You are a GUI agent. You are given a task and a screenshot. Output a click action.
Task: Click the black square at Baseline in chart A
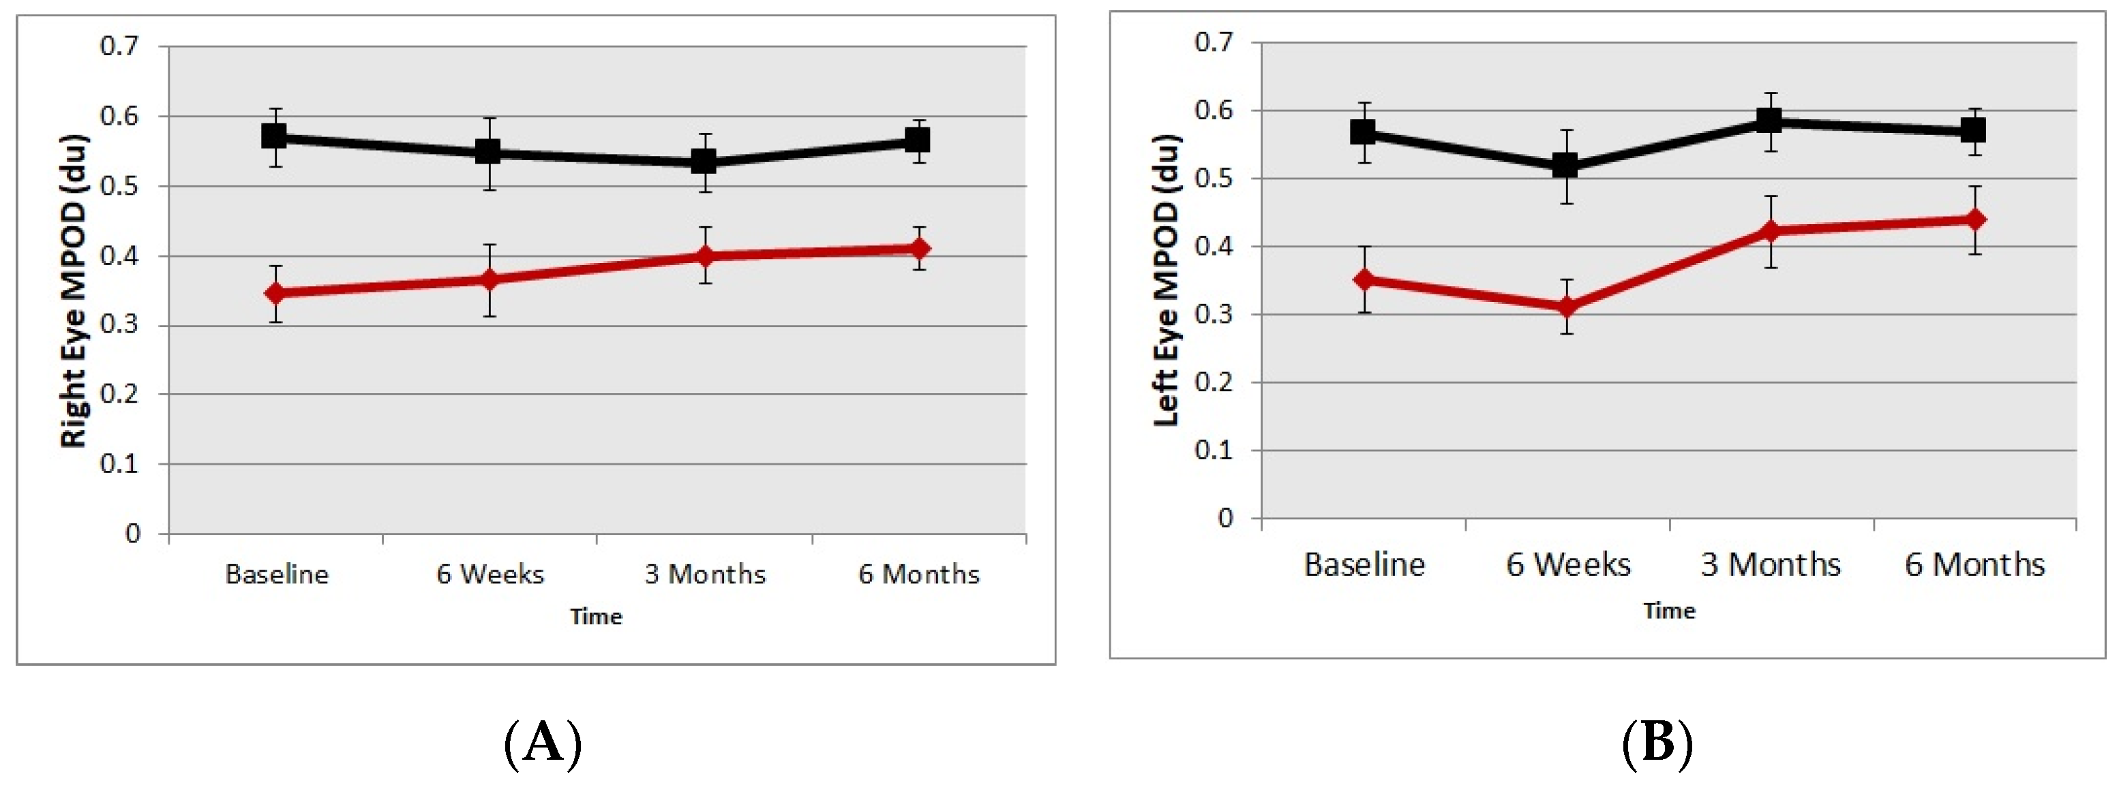click(274, 136)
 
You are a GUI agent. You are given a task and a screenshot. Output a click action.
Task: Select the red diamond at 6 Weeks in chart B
click(1567, 307)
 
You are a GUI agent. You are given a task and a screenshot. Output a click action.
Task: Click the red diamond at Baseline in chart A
click(275, 292)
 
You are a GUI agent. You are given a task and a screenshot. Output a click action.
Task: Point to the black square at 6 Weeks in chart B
click(1565, 165)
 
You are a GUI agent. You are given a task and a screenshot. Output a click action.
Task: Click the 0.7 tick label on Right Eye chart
click(120, 46)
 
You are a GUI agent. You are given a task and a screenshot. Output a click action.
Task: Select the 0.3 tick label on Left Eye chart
click(1214, 314)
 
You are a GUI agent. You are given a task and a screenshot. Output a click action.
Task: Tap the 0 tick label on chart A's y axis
click(132, 534)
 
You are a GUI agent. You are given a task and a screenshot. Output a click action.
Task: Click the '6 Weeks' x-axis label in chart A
click(490, 574)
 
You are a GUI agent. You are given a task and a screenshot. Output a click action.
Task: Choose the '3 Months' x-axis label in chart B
click(1770, 565)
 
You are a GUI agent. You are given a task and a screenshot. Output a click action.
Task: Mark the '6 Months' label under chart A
click(919, 574)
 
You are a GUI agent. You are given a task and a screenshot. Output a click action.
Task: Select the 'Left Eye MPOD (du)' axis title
click(1166, 279)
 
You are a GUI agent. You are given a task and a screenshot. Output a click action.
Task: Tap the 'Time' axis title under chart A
click(596, 617)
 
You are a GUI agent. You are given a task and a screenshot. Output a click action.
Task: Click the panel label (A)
click(542, 742)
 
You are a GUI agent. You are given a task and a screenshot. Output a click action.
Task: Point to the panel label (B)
click(1657, 742)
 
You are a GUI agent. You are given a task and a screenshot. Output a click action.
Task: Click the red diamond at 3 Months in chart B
click(1770, 231)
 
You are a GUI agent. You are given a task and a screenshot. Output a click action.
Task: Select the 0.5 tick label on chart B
click(1214, 179)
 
